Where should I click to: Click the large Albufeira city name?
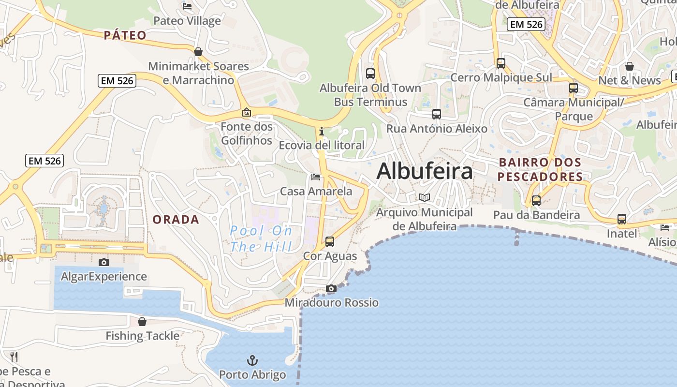coord(425,171)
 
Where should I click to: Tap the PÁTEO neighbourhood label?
coord(125,35)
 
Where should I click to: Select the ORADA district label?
coord(176,220)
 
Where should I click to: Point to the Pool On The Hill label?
coord(261,238)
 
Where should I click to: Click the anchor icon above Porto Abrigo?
coord(252,360)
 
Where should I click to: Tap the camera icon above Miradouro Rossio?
coord(331,289)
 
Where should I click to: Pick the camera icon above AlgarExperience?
coord(103,263)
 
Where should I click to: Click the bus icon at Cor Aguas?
coord(330,241)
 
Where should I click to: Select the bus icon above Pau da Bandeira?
coord(536,201)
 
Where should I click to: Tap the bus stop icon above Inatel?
coord(622,219)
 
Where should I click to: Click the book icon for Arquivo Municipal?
coord(425,197)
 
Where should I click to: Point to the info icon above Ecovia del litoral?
coord(322,131)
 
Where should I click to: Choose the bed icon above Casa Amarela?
coord(316,177)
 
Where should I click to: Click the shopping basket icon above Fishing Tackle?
coord(142,322)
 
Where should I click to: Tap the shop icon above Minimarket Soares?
coord(198,52)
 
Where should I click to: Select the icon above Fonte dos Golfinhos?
coord(247,113)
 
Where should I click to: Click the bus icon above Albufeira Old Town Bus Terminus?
coord(370,74)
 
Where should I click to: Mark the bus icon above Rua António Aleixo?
coord(437,114)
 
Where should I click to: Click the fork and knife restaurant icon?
coord(14,357)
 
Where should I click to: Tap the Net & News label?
coord(630,80)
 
